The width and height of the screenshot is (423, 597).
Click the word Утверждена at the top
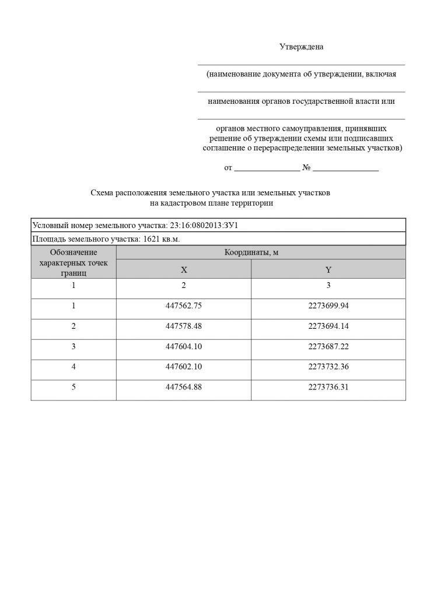301,47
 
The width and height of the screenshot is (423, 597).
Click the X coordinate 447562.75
184,305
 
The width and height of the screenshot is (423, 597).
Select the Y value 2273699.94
328,305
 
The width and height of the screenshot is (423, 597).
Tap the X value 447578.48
184,326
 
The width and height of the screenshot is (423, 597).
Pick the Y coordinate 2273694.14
328,326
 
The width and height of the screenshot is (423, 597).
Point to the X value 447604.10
184,346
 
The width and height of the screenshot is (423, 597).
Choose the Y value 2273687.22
328,346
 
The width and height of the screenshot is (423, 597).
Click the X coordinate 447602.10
184,366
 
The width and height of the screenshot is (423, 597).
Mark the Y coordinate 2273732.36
328,366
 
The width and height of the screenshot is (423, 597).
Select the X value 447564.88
184,387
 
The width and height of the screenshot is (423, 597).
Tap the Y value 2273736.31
328,387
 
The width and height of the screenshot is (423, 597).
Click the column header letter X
184,270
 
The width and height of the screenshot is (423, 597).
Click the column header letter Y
328,270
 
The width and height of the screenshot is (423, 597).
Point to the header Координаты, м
255,252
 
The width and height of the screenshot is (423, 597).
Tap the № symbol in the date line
306,168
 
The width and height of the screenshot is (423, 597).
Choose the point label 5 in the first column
74,387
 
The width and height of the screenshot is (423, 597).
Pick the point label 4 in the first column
74,366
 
